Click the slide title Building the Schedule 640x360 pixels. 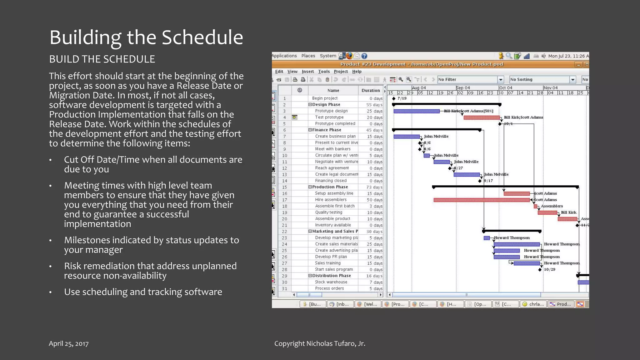[x=146, y=37]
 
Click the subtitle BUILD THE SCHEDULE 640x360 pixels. [x=102, y=59]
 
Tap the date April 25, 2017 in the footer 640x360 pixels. [x=68, y=343]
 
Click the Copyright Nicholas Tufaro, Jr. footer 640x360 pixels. [x=320, y=343]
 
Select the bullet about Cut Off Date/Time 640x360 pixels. [x=153, y=164]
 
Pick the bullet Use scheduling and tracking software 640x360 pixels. [x=143, y=292]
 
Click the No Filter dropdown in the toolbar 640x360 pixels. [x=470, y=79]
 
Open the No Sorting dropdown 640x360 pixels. [x=542, y=79]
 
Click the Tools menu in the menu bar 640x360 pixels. [x=324, y=72]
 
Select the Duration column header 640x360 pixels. [x=371, y=90]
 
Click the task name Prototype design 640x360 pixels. [x=331, y=111]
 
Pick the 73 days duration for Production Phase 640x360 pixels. [x=374, y=187]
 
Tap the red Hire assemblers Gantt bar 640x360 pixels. [x=481, y=200]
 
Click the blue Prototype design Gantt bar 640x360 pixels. [x=416, y=111]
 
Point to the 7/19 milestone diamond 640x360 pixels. [x=394, y=98]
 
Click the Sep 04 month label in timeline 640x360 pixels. [x=463, y=88]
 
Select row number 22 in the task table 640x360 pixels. [x=284, y=232]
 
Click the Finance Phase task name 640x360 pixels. [x=327, y=130]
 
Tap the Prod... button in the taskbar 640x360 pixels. [x=561, y=304]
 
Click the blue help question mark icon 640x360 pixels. [x=364, y=56]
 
